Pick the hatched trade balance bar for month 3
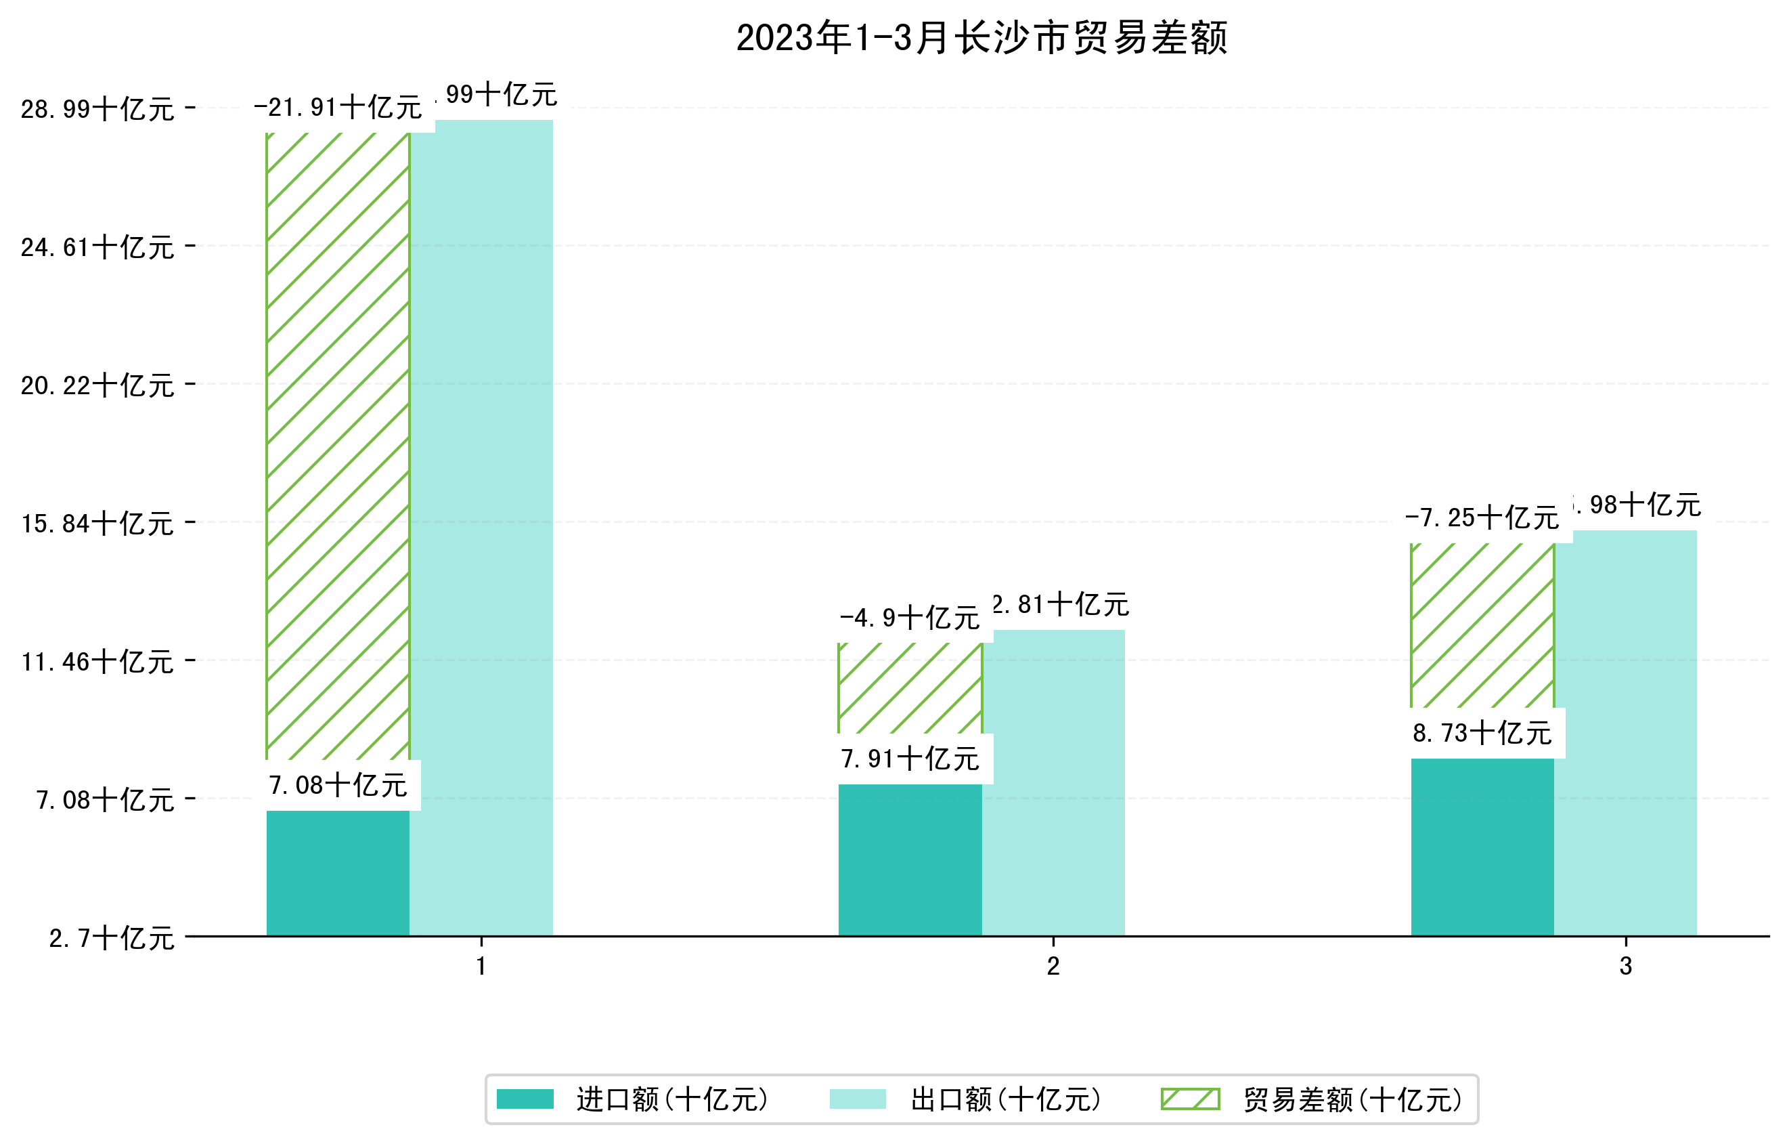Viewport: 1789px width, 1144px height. pos(1482,625)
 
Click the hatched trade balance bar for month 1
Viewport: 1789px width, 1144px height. pos(337,446)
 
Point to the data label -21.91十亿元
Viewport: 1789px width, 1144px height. pos(337,108)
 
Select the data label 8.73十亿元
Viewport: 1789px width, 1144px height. pos(1482,734)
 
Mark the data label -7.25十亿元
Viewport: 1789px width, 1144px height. pos(1482,517)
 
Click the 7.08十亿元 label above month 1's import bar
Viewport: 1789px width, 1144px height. pos(337,785)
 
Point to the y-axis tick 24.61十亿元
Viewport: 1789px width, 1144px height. pos(97,247)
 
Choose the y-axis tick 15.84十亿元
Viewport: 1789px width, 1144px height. pos(97,524)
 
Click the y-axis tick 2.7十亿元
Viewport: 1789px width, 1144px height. pos(112,938)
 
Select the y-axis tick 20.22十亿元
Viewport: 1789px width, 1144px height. pos(97,385)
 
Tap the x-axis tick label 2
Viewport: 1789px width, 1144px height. pos(1053,967)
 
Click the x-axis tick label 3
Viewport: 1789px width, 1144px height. pos(1626,967)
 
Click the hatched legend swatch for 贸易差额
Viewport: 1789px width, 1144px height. pos(1190,1099)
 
